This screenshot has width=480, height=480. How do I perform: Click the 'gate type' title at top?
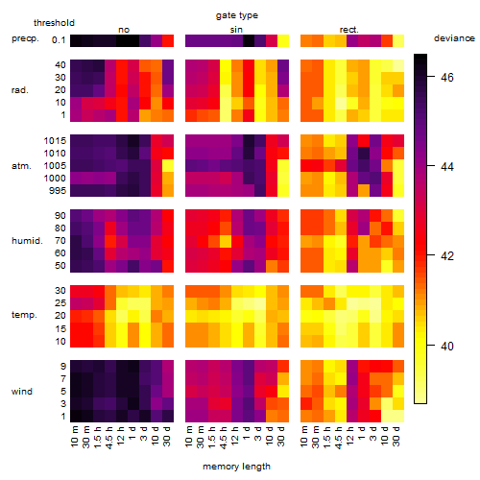[x=237, y=15]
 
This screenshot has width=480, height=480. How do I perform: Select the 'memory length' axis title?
[x=236, y=467]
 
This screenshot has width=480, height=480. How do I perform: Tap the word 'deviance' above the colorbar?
[x=454, y=38]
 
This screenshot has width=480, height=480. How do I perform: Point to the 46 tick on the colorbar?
[x=447, y=77]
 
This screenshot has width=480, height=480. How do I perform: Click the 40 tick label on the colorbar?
[x=447, y=346]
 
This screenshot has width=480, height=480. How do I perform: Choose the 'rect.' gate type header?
[x=348, y=30]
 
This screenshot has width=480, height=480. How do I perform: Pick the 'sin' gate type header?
[x=236, y=30]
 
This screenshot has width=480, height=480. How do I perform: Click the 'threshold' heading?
[x=54, y=23]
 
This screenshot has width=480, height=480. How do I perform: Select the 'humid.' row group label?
[x=27, y=241]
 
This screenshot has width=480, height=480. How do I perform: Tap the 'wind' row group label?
[x=22, y=392]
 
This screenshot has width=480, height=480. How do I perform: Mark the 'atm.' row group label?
[x=21, y=166]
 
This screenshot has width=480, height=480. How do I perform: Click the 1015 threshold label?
[x=55, y=141]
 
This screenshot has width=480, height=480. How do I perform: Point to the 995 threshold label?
[x=58, y=191]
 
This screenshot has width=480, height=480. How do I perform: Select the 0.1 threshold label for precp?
[x=59, y=40]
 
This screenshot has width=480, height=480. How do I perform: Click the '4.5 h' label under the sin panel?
[x=224, y=437]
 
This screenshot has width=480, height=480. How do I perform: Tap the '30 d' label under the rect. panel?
[x=396, y=436]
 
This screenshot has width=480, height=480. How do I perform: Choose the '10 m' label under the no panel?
[x=74, y=436]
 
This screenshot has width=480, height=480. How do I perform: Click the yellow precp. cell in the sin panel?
[x=283, y=40]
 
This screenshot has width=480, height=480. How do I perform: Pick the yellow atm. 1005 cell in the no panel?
[x=168, y=166]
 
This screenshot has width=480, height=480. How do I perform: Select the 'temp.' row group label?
[x=24, y=315]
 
